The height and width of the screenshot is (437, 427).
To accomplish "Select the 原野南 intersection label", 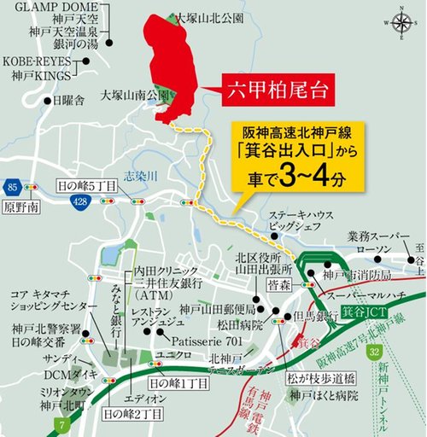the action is pos(18,207).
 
